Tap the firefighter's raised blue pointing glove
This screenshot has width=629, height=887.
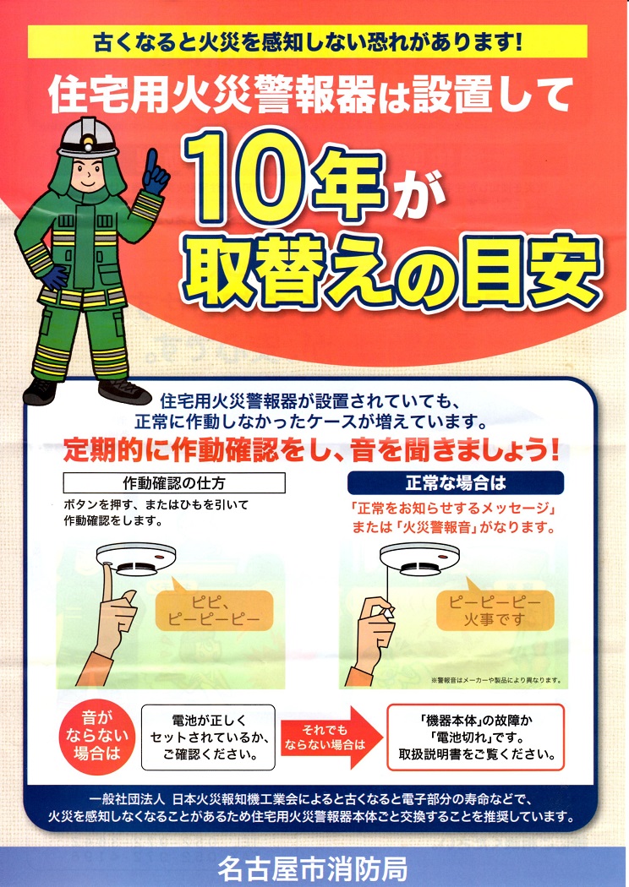click(x=155, y=171)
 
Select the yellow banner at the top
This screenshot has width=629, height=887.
click(x=307, y=41)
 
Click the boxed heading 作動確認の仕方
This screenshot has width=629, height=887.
click(x=174, y=482)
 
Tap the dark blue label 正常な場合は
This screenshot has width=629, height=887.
click(x=456, y=482)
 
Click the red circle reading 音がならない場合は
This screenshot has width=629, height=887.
click(x=97, y=736)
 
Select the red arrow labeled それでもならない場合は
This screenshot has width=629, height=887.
click(x=331, y=737)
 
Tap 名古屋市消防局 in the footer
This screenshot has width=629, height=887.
click(x=313, y=868)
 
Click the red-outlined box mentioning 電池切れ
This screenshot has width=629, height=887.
click(x=476, y=737)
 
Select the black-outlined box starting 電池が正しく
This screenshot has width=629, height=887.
click(x=208, y=737)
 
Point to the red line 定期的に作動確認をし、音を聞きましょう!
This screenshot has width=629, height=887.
click(x=311, y=450)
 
